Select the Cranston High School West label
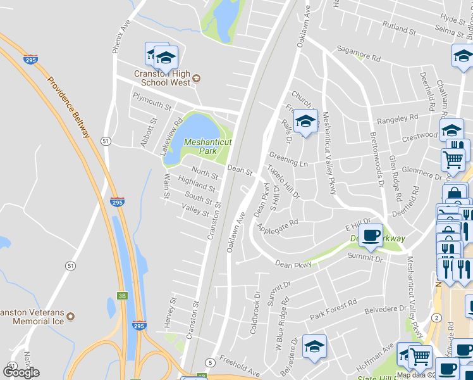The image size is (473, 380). (162, 79)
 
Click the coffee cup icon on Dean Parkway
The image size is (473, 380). (371, 235)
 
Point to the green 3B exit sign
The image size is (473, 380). (121, 295)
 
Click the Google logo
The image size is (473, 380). (21, 372)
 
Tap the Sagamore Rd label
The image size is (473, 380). (359, 54)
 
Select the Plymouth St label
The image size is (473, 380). (152, 101)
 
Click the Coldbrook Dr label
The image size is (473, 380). (255, 304)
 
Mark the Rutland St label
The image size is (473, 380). (398, 26)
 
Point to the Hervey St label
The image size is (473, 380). (169, 312)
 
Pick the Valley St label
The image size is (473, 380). (195, 210)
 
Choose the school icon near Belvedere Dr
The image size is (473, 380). (314, 346)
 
